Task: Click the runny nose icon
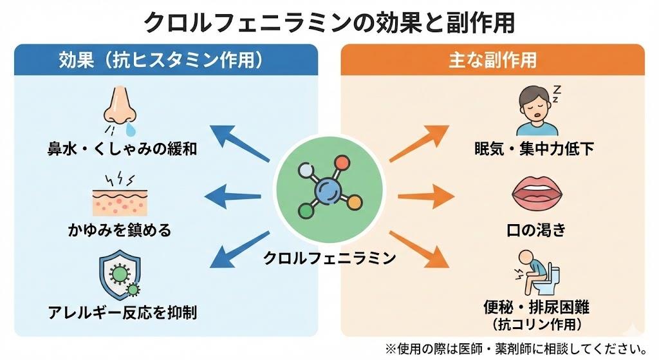point(120,110)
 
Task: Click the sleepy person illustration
point(538,110)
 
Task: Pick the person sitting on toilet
point(537,272)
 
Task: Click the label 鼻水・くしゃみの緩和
point(122,149)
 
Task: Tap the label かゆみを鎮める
point(120,230)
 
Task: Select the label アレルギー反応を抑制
point(122,312)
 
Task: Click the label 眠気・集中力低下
point(535,149)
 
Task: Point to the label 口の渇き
point(536,230)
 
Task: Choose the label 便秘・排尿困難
point(536,307)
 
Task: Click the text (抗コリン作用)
point(537,324)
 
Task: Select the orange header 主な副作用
point(492,60)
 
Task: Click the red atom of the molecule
point(342,163)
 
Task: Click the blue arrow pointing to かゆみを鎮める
point(232,196)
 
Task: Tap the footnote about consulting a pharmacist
point(516,348)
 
